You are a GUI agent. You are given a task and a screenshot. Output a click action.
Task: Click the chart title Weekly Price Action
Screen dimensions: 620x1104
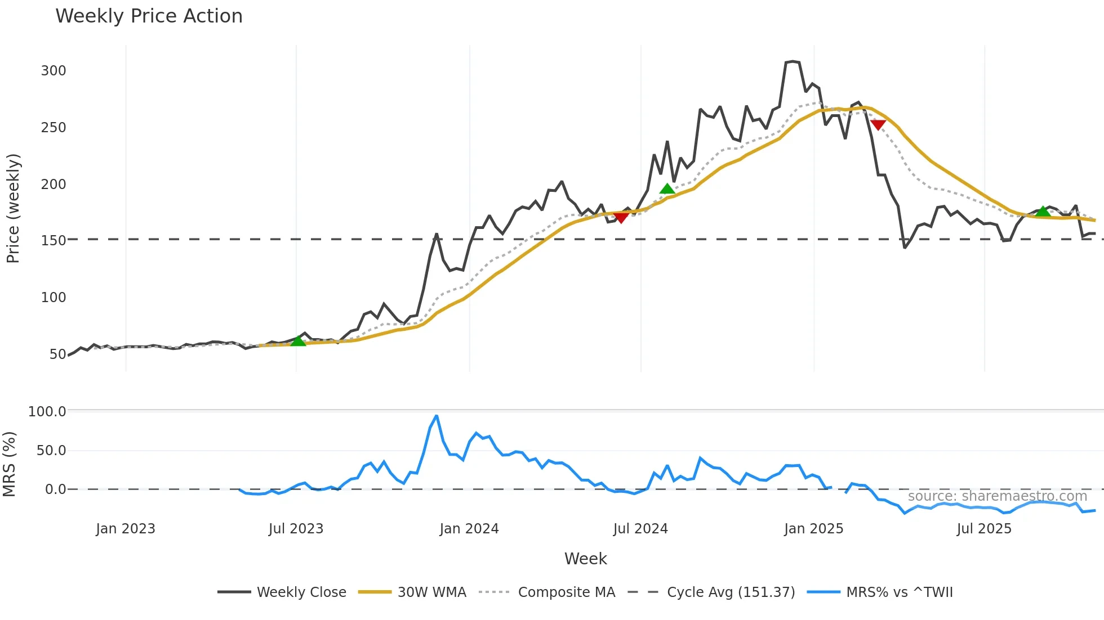(149, 16)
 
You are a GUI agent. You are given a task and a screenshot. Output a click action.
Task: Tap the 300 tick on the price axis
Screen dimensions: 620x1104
(54, 71)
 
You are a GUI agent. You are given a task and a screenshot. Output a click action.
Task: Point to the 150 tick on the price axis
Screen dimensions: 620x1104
(54, 240)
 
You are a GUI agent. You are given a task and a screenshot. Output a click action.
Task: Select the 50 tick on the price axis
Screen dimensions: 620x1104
(58, 354)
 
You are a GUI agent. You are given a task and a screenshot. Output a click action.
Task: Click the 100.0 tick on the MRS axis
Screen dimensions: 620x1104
(47, 412)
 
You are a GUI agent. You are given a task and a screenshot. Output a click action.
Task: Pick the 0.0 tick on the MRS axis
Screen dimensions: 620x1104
(56, 489)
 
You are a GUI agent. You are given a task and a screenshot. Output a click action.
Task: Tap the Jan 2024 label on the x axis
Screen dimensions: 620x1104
(469, 529)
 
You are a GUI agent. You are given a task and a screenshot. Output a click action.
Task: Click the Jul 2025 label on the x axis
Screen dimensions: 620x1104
(984, 529)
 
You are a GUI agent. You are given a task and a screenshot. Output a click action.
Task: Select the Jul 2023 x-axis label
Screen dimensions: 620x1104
(296, 529)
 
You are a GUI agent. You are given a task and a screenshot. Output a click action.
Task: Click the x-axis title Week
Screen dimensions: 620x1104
(585, 559)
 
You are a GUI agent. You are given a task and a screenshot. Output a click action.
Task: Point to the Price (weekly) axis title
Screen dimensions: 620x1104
(13, 208)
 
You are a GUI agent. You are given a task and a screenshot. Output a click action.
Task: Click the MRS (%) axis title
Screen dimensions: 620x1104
(10, 464)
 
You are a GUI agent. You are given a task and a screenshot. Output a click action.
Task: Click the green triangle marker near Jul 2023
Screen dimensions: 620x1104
(298, 341)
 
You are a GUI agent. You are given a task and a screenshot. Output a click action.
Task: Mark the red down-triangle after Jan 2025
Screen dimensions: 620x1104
(878, 124)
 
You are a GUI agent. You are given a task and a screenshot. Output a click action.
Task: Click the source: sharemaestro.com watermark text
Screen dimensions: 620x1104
(997, 496)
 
